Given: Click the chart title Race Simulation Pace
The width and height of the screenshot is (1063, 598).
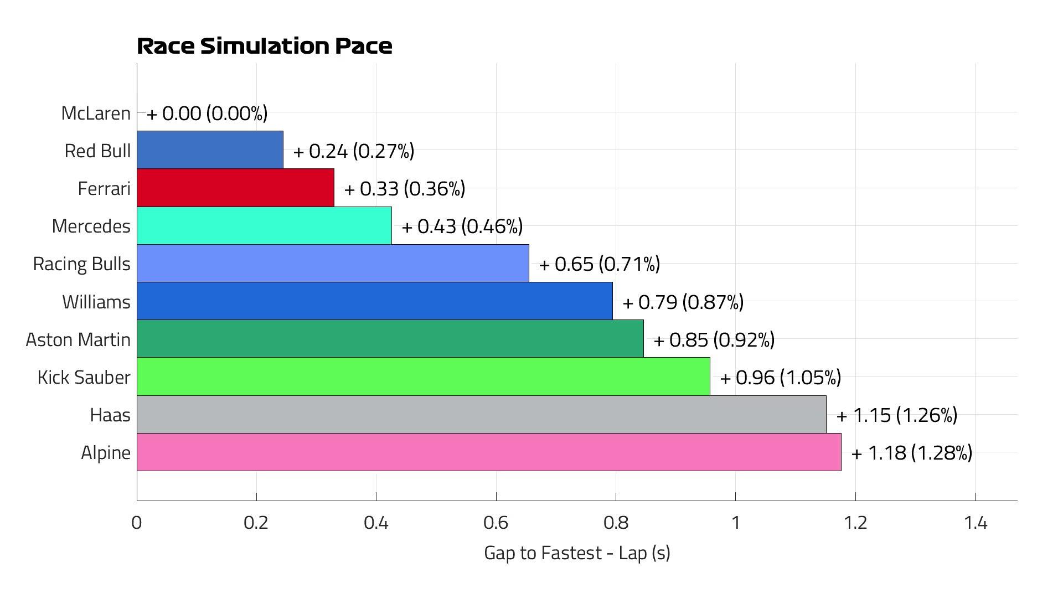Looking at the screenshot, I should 265,46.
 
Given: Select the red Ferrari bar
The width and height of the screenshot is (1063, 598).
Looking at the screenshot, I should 235,188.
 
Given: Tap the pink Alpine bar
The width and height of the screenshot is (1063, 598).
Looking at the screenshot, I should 488,452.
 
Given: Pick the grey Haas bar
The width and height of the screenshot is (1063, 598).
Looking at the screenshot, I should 481,414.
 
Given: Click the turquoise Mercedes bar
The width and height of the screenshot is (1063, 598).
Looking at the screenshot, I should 264,225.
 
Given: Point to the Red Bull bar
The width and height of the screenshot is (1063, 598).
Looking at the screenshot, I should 210,150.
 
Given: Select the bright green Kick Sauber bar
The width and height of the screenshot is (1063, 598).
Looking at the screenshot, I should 423,377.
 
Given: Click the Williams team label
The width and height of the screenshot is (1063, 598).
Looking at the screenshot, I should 96,302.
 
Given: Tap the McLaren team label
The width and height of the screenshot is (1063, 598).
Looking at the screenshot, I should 96,113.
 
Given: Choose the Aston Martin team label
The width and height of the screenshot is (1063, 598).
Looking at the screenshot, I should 78,339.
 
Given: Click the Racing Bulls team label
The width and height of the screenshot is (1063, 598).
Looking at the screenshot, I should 82,264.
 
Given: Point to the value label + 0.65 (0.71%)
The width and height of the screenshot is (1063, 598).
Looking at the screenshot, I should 600,264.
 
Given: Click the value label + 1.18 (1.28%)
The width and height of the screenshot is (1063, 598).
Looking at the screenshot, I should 912,453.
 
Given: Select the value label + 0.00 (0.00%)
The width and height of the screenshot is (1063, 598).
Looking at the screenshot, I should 207,114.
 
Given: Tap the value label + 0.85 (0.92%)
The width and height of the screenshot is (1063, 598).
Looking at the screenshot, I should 714,340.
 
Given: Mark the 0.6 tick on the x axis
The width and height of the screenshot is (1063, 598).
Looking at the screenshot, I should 496,523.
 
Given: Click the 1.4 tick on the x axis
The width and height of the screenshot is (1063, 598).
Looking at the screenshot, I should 975,523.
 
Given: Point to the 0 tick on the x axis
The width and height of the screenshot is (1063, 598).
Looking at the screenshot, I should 137,523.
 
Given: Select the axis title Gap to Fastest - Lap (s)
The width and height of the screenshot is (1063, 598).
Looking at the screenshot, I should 577,553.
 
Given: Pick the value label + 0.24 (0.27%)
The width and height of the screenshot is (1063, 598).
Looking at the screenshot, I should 354,151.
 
